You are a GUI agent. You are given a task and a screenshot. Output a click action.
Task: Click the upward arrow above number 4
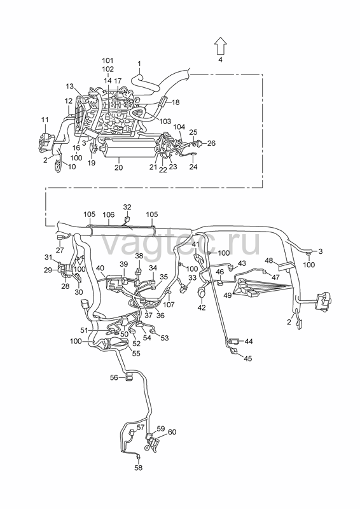coord(221,45)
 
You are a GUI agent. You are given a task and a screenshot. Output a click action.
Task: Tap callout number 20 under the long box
coord(119,168)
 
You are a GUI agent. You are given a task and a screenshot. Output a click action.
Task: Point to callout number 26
coord(211,143)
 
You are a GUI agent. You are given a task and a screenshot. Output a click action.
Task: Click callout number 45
coord(247,358)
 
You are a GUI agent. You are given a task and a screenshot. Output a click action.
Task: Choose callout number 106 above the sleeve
coord(108,214)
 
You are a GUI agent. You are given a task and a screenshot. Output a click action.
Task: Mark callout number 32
coord(127,207)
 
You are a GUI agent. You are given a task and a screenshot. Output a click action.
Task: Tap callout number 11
coord(45,120)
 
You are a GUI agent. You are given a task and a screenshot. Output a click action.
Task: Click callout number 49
coord(228,295)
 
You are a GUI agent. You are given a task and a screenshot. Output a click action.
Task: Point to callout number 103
coord(165,121)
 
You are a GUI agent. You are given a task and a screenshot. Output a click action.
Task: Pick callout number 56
coord(114,377)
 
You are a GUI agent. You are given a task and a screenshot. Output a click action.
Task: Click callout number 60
coord(172,432)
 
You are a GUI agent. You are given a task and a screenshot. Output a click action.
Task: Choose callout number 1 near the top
coord(139,64)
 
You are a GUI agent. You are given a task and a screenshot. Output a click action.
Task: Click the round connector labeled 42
coord(202,293)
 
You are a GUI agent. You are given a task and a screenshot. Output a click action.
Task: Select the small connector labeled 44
coord(233,341)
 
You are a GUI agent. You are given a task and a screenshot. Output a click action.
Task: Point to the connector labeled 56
coord(129,377)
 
